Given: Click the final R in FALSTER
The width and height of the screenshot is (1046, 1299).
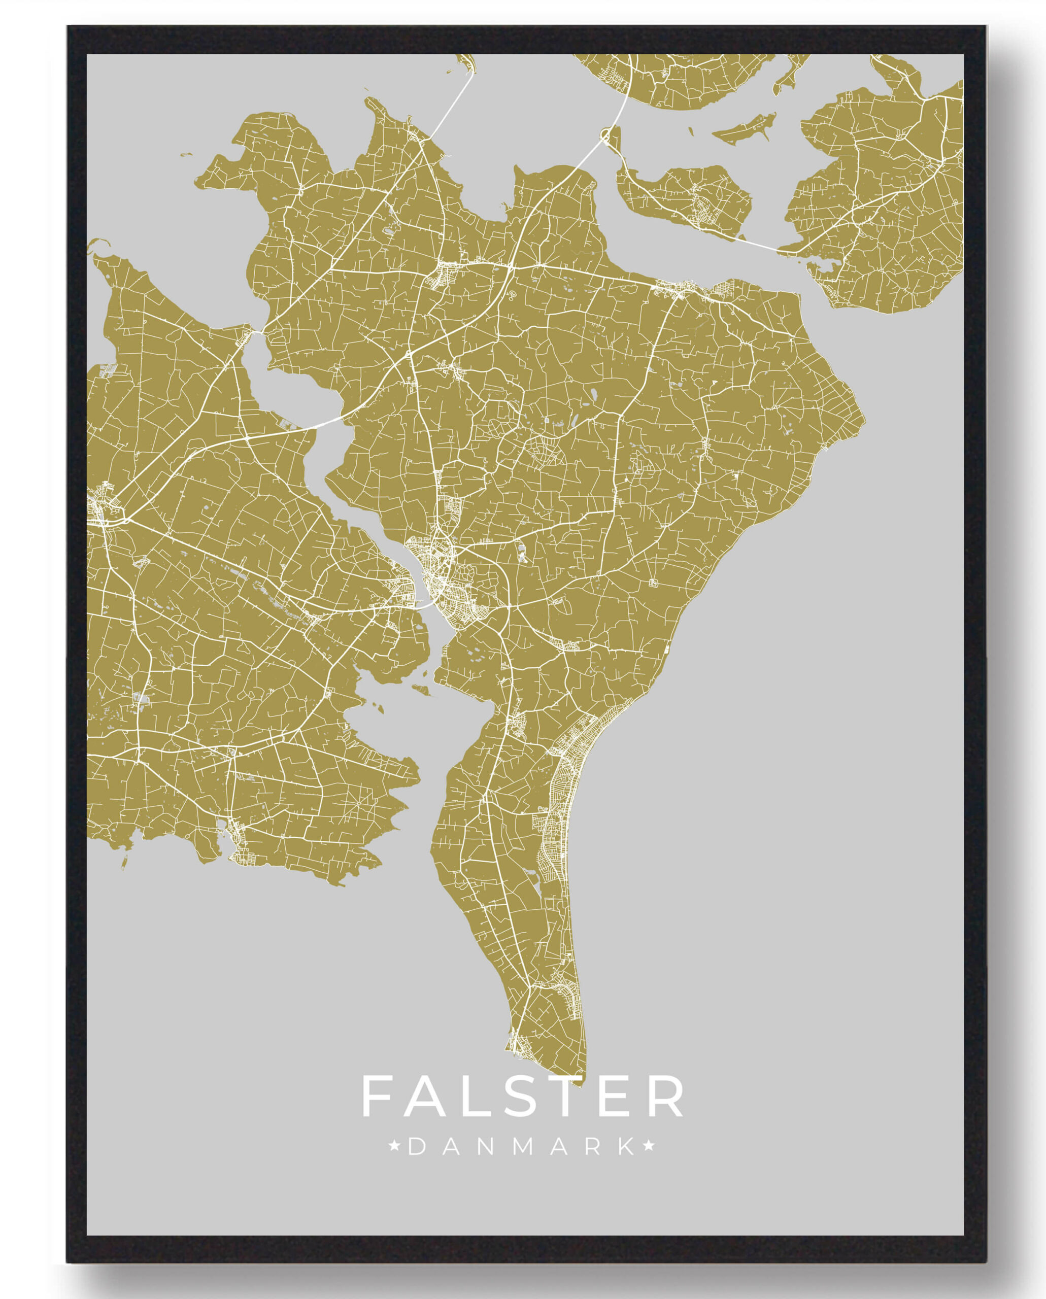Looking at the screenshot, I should click(666, 1096).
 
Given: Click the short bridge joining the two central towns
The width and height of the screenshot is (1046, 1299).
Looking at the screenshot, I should click(425, 604).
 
